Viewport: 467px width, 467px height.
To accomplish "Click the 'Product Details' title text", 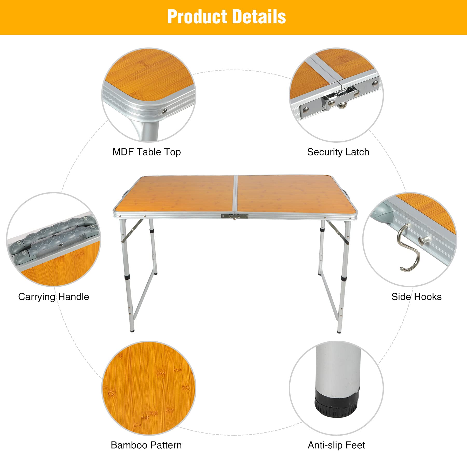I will (x=226, y=17).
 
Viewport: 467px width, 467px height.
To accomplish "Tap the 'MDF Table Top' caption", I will (x=147, y=152).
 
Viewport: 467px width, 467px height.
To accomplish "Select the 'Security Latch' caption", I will (x=338, y=152).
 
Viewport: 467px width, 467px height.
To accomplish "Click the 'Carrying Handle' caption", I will (x=53, y=297).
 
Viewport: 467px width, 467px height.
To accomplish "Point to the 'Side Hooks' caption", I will (x=416, y=297).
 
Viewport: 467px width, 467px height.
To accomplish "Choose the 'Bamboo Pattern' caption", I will (x=146, y=445).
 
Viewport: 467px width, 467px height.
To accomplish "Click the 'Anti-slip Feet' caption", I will (x=336, y=445).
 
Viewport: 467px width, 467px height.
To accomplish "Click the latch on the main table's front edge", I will (x=235, y=216).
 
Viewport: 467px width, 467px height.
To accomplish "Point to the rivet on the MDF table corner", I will (x=164, y=112).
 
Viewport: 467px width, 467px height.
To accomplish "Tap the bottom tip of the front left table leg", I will (x=133, y=331).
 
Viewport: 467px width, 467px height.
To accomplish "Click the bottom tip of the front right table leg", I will (x=339, y=332).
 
